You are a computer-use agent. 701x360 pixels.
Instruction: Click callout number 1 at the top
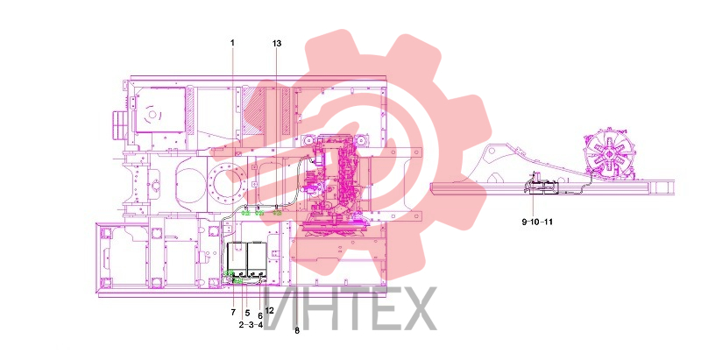pyautogui.click(x=232, y=43)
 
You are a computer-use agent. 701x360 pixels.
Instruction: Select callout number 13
pyautogui.click(x=277, y=43)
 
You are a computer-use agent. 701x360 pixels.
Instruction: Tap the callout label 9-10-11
pyautogui.click(x=537, y=222)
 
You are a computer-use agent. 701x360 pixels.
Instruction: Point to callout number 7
pyautogui.click(x=233, y=312)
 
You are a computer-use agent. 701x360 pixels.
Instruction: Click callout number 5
pyautogui.click(x=247, y=313)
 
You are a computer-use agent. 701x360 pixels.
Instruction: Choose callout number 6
pyautogui.click(x=260, y=315)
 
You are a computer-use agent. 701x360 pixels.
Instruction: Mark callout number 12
pyautogui.click(x=269, y=310)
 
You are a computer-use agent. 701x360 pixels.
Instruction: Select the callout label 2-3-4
pyautogui.click(x=251, y=325)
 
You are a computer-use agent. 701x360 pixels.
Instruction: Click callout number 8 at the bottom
pyautogui.click(x=297, y=331)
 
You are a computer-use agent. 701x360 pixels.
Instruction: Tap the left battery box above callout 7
pyautogui.click(x=237, y=258)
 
